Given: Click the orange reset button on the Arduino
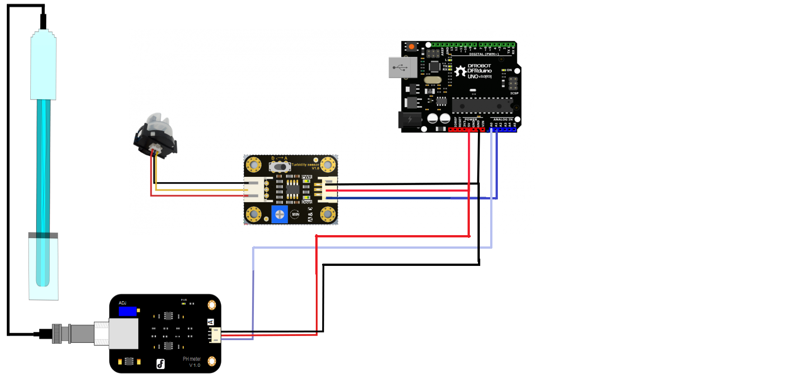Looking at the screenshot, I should coord(412,47).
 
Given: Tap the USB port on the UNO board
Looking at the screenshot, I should coord(402,67).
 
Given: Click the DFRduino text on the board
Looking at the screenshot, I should coord(479,71).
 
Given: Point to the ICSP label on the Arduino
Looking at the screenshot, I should coord(514,93).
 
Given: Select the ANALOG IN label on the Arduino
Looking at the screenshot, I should coord(503,119).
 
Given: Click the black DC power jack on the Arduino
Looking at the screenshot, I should coord(409,120).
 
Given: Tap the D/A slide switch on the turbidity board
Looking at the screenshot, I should coord(280,167).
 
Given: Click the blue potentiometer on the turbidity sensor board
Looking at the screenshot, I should coord(280,214).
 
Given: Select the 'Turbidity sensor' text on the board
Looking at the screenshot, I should coord(305,165).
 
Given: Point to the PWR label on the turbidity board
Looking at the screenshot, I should coord(307,177).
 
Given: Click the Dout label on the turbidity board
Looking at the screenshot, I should coord(307,202).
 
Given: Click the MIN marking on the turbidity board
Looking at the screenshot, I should coord(295,214).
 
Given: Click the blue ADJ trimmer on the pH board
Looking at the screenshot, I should coord(128,311).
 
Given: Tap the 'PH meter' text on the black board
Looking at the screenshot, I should coord(192,359).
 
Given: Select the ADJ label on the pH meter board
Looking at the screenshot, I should coord(122,303).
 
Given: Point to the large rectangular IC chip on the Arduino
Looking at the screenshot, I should coord(482,105).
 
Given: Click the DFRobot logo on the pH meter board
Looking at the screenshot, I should coord(160,364).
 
